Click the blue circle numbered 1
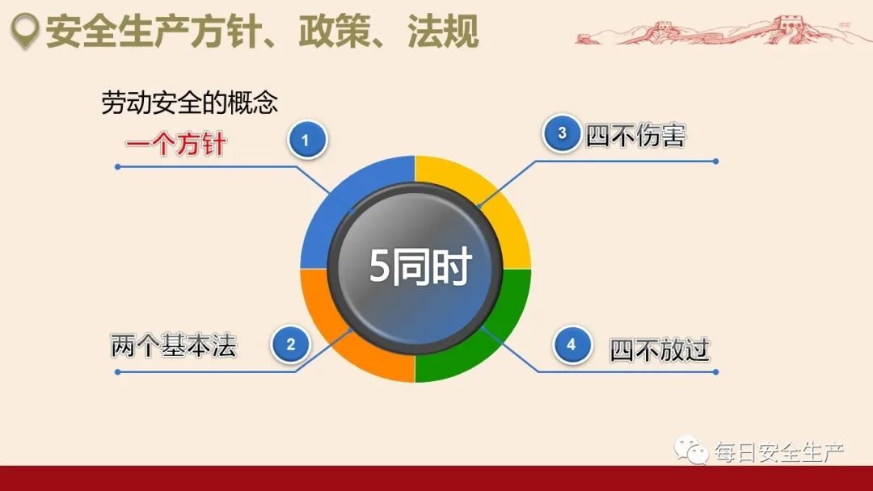(306, 141)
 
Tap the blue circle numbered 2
(291, 345)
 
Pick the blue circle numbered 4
(571, 345)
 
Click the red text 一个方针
(175, 145)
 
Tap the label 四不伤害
(635, 136)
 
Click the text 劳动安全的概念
(189, 103)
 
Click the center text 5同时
(420, 267)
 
